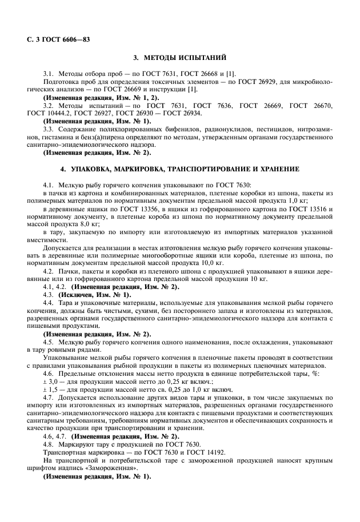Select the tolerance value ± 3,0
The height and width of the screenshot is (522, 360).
coord(51,381)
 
